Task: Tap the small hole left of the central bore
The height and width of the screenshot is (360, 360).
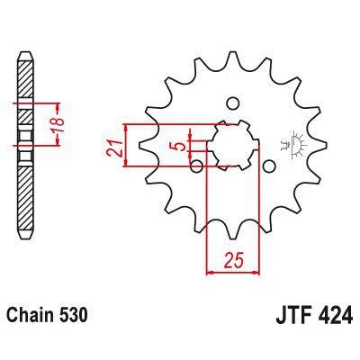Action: (x=197, y=165)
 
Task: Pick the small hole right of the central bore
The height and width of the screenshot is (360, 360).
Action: (x=268, y=165)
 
